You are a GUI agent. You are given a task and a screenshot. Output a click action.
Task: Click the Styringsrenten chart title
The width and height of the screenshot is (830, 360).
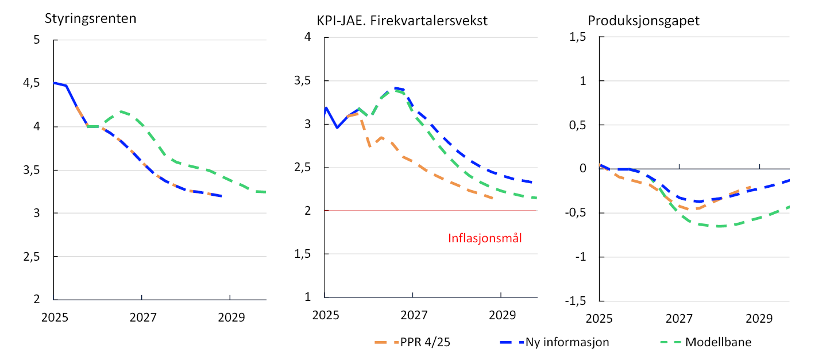[91, 18]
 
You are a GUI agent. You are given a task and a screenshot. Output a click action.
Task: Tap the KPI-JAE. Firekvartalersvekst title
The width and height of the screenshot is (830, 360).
[402, 21]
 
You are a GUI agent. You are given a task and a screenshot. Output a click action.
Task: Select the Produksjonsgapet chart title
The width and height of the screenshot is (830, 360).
[644, 21]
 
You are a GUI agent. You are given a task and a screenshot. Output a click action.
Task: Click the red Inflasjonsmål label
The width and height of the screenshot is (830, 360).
[485, 238]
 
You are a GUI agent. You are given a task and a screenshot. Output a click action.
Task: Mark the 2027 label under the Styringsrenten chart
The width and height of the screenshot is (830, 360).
[142, 318]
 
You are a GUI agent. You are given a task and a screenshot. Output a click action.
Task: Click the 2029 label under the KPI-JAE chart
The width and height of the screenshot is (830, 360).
[501, 315]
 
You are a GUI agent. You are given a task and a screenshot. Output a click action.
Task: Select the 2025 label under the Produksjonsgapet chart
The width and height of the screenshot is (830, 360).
[599, 318]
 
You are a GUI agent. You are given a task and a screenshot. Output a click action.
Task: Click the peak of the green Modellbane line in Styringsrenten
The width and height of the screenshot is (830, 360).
[121, 111]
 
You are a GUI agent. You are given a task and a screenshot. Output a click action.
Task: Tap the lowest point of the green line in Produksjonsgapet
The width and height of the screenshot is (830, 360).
[718, 226]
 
